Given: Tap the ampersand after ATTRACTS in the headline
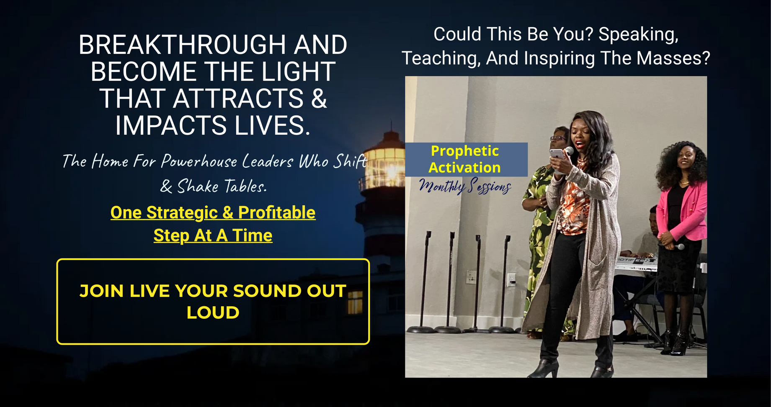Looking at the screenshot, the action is pos(319,99).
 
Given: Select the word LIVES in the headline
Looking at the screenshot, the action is pos(272,125).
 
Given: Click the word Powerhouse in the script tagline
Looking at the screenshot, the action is pos(199,161).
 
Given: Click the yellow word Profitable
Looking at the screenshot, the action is pos(277,212).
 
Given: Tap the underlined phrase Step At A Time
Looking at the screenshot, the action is pos(213,235).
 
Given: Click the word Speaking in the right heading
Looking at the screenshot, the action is pos(638,34).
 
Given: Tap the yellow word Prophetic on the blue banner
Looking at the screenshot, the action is pos(465,151).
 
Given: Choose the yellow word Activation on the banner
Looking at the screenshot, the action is pos(464,167).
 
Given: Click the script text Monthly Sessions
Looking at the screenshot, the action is pos(465,186).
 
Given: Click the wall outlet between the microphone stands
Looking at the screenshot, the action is pos(472,276).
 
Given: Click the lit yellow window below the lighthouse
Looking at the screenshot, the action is pos(355,302).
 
